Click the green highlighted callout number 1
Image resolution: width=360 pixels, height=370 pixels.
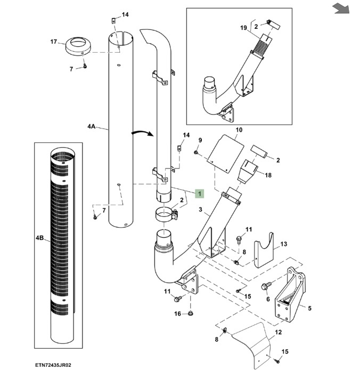pyautogui.click(x=200, y=193)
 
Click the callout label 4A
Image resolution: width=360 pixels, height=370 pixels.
pyautogui.click(x=91, y=127)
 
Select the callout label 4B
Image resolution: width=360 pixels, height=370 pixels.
pyautogui.click(x=40, y=237)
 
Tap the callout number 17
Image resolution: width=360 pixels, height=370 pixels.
pyautogui.click(x=53, y=41)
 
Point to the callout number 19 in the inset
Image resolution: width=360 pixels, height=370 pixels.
pyautogui.click(x=243, y=27)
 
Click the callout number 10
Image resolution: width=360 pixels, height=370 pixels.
pyautogui.click(x=239, y=130)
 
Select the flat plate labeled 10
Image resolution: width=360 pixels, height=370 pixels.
pyautogui.click(x=224, y=152)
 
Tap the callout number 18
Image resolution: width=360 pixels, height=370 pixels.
pyautogui.click(x=268, y=175)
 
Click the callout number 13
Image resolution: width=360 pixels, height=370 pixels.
pyautogui.click(x=283, y=244)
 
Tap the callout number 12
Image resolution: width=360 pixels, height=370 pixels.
pyautogui.click(x=277, y=332)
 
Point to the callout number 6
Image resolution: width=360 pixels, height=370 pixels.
pyautogui.click(x=267, y=299)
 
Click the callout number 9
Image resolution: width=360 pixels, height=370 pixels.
pyautogui.click(x=200, y=140)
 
